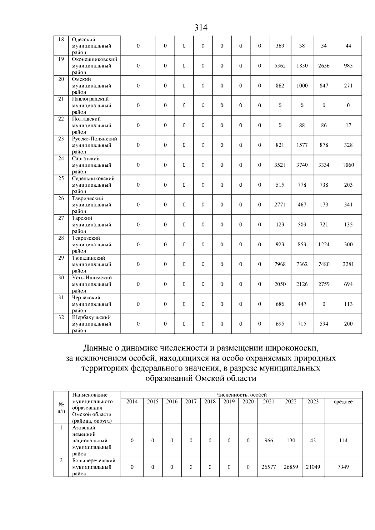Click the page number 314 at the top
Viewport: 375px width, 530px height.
[201, 28]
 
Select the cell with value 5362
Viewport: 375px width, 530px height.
[280, 66]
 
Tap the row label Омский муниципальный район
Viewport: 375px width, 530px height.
[92, 86]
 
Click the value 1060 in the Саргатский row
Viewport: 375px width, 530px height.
[348, 165]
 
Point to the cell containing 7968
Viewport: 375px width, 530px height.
[280, 264]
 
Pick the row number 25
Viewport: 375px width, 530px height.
[61, 179]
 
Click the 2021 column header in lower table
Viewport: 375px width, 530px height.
[268, 402]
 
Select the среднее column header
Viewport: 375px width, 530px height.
[343, 402]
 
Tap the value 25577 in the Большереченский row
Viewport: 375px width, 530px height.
[268, 467]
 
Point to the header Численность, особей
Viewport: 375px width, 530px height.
[241, 395]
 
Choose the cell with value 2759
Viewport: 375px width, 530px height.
[324, 284]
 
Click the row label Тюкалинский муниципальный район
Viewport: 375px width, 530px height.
[92, 264]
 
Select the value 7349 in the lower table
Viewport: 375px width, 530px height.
[343, 467]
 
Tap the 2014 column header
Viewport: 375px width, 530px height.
[132, 402]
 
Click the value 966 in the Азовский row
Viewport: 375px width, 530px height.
[268, 441]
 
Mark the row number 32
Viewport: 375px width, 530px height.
[61, 317]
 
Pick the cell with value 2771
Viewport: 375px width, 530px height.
[280, 205]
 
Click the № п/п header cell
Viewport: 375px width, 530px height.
[61, 408]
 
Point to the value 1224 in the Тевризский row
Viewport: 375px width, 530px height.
[324, 245]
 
